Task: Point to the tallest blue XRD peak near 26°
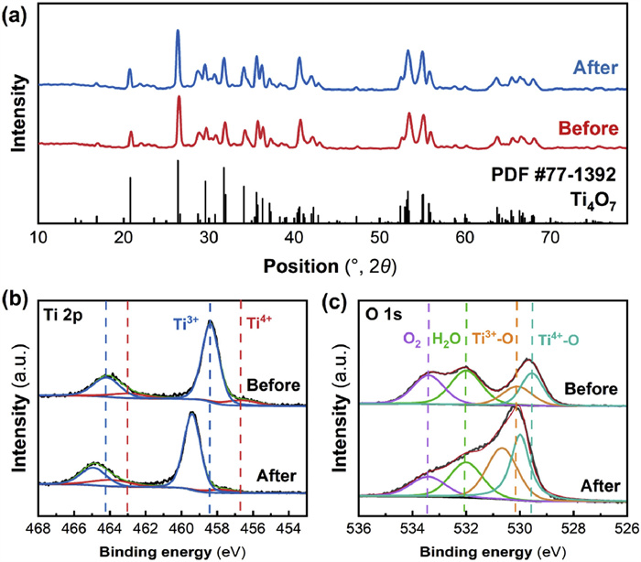178,32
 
